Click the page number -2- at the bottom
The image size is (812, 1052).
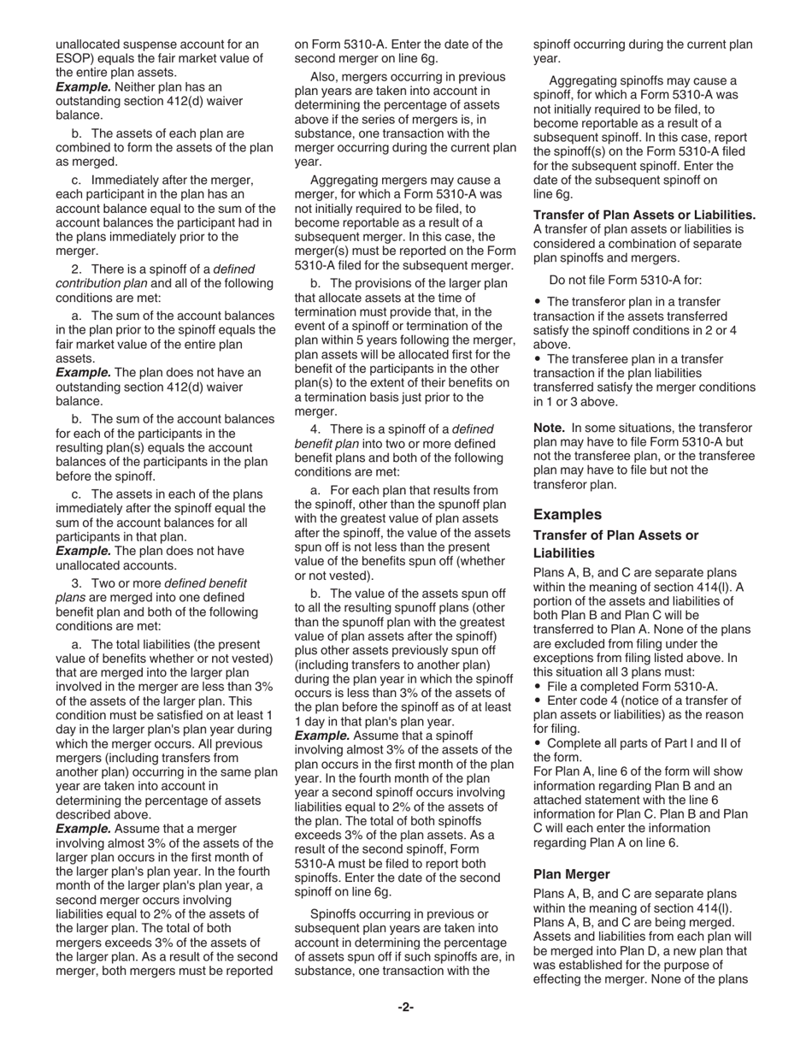coord(405,1008)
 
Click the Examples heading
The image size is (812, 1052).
coord(568,515)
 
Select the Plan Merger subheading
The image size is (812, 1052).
coord(572,874)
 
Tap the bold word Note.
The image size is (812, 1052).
coord(550,428)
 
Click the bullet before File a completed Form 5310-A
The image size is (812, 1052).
coord(538,687)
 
